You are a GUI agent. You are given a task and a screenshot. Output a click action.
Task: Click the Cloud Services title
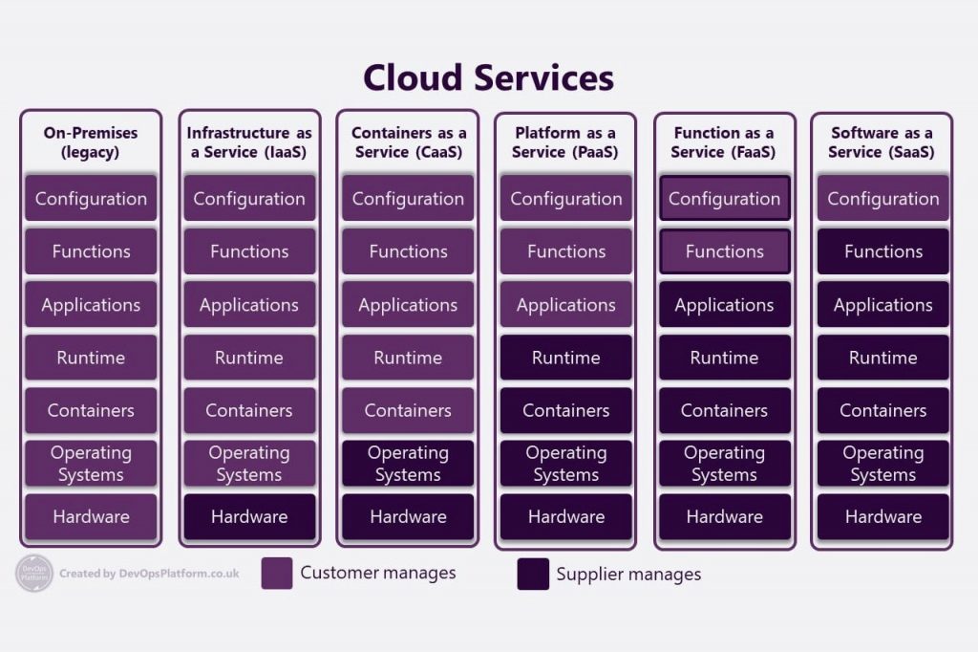pos(488,77)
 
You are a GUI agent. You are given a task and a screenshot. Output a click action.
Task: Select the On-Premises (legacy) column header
pos(91,142)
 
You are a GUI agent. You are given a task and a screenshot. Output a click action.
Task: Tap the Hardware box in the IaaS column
pos(249,516)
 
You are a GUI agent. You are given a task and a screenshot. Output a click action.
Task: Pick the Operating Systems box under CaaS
pos(408,464)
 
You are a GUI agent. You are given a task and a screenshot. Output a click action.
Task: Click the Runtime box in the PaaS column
pos(566,358)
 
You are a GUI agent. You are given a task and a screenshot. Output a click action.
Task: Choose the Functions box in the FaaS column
pos(725,251)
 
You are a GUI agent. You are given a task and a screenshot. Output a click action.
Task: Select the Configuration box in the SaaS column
pos(883,199)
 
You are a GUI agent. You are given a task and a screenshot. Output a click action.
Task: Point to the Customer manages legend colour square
pos(277,574)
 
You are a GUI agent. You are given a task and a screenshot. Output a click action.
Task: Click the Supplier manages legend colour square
pos(533,575)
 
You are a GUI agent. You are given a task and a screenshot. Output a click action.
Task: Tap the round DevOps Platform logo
pos(34,574)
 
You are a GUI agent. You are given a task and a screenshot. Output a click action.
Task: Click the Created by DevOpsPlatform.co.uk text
pos(149,574)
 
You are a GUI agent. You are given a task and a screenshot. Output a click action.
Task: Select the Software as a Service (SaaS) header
pos(882,142)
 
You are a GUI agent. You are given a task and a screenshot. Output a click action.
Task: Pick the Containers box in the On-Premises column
pos(91,410)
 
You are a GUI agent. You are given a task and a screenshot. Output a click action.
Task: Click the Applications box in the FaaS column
pos(725,305)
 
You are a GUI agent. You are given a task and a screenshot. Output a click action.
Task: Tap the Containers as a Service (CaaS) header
pos(408,142)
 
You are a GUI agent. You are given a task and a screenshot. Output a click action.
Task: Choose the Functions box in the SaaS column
pos(883,251)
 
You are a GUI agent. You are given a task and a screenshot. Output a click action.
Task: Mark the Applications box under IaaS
pos(249,305)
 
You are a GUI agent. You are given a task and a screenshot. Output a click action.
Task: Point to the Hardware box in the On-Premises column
pos(91,516)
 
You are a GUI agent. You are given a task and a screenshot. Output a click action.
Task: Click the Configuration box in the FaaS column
pos(725,199)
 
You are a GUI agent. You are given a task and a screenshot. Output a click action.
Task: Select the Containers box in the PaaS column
pos(566,410)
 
